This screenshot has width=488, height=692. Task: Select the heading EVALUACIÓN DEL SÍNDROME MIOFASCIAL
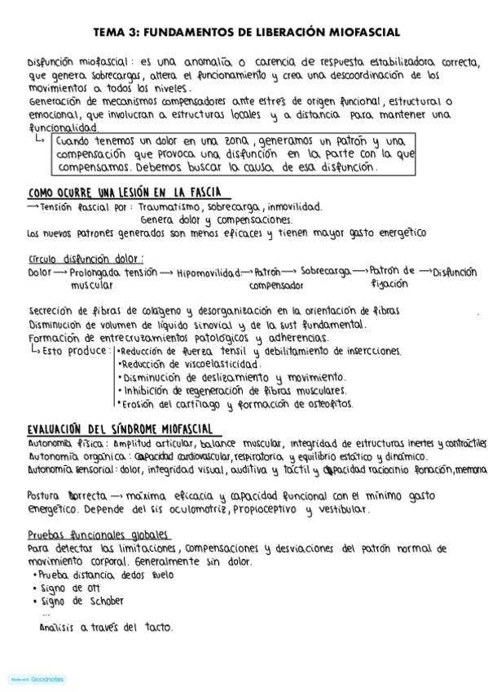pyautogui.click(x=120, y=428)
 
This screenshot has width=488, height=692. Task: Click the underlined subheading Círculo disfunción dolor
pyautogui.click(x=86, y=259)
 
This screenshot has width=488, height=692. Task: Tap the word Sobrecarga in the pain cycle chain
pyautogui.click(x=325, y=271)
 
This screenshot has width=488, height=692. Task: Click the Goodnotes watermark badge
pyautogui.click(x=37, y=679)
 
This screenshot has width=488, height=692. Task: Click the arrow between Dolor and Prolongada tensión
pyautogui.click(x=59, y=273)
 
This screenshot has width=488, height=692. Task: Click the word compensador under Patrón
pyautogui.click(x=276, y=286)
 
